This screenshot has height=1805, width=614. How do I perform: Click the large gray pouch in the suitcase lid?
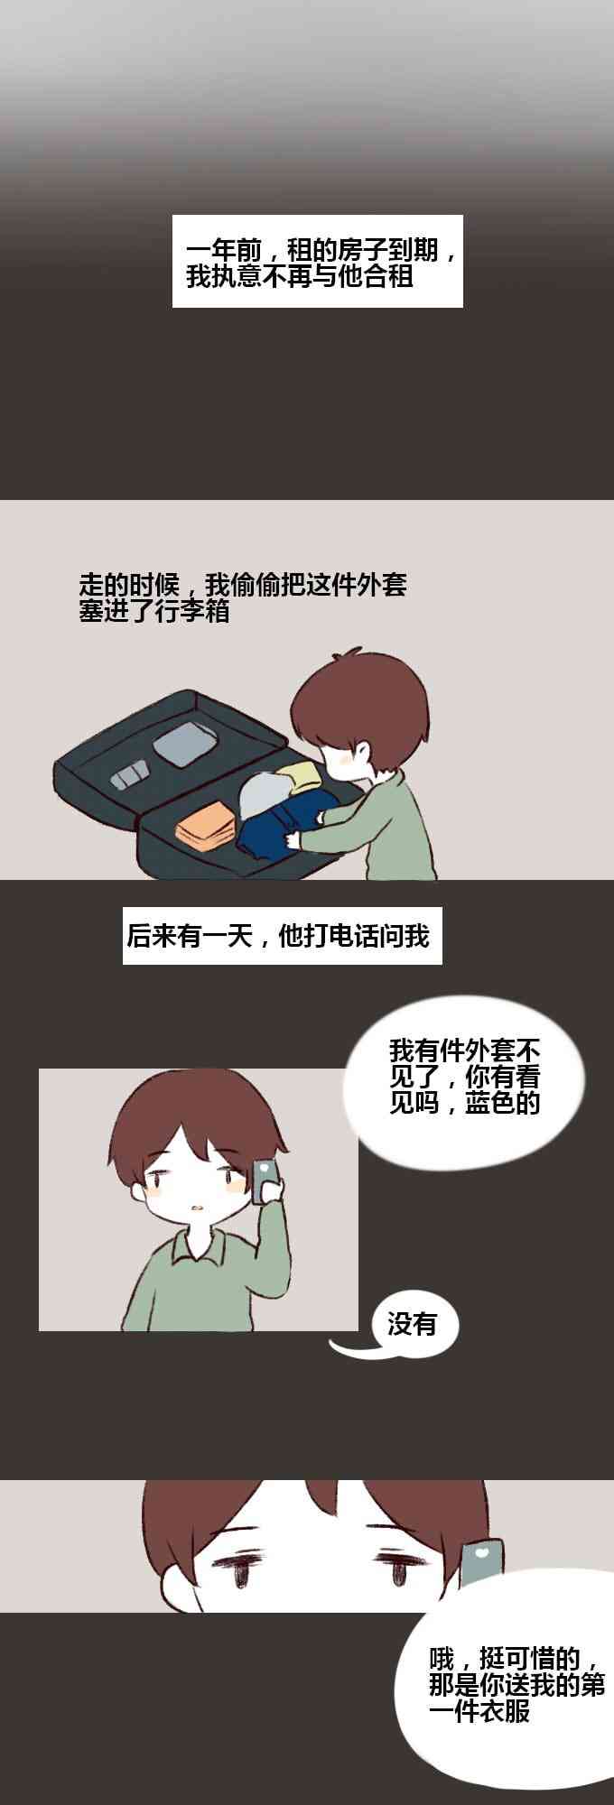coord(185,744)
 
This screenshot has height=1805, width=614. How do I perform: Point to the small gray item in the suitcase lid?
coord(130,774)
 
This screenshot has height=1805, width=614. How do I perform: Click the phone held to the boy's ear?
coord(265,1181)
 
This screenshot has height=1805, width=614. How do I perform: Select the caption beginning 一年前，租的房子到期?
coord(318,261)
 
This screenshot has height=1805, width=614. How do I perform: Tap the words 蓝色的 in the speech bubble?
coord(503,1102)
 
